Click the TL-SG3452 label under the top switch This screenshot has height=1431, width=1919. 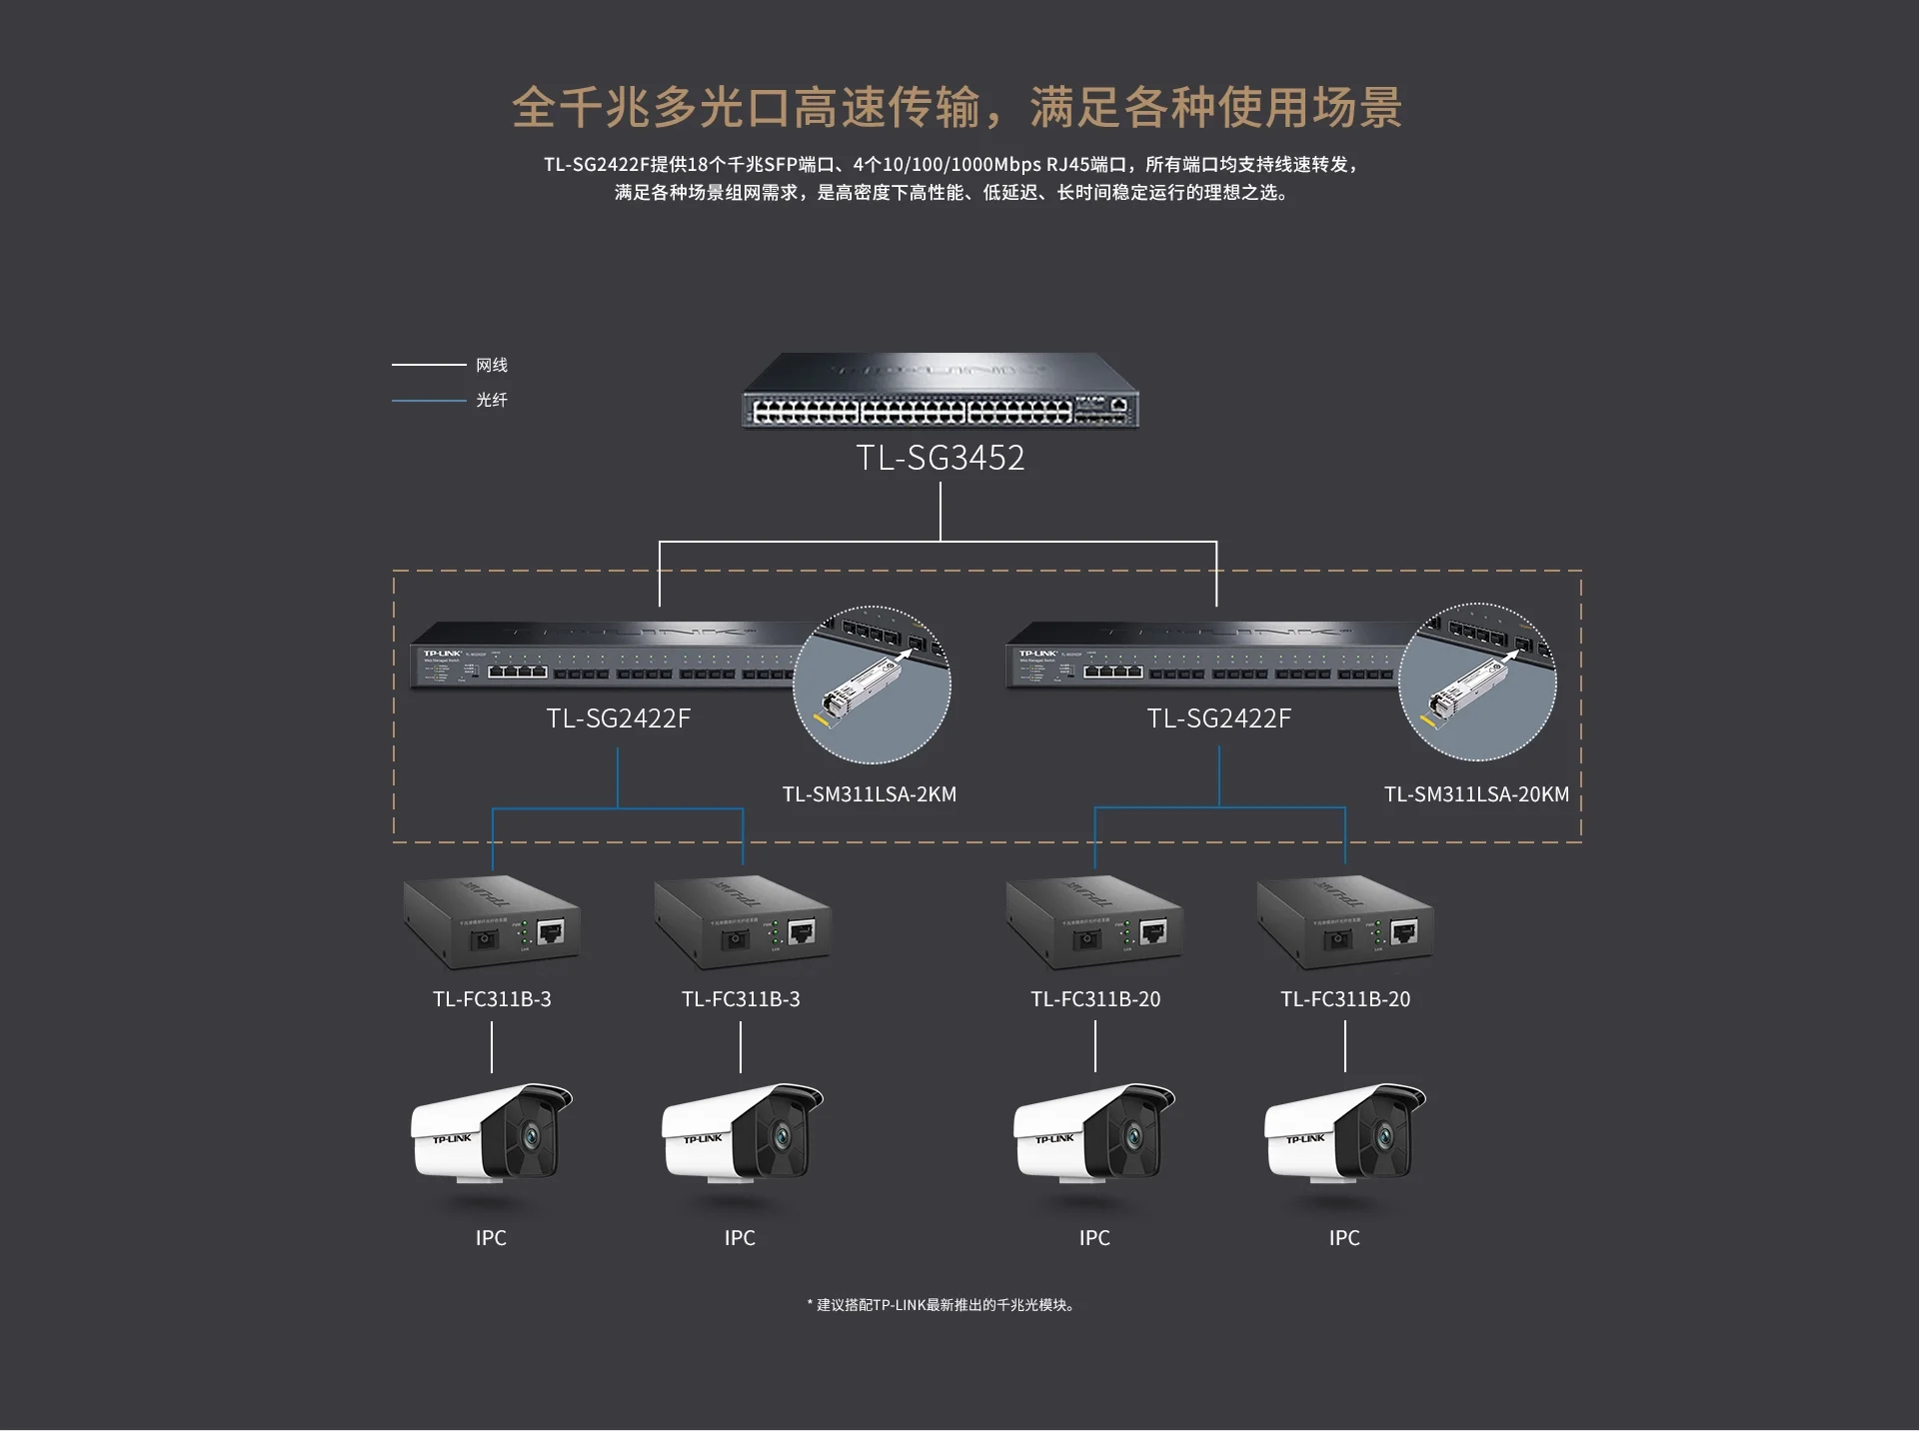(940, 458)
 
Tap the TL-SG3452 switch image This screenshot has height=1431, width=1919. (940, 391)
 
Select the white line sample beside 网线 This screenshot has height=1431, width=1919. (429, 365)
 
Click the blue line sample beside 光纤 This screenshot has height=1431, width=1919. (429, 400)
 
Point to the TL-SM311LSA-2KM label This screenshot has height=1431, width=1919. (869, 794)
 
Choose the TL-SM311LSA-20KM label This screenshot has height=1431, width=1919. (1475, 794)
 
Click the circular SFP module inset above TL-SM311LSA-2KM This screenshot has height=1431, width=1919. (872, 685)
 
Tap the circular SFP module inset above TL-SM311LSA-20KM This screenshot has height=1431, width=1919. (1477, 682)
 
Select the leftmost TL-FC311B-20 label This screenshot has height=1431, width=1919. (1095, 999)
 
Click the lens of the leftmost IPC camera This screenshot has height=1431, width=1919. (530, 1136)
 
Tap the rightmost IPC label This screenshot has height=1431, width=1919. (1344, 1238)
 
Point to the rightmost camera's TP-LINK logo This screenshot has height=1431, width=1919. (1305, 1139)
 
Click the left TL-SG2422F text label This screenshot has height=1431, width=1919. (618, 718)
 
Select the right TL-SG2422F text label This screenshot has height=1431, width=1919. (1218, 718)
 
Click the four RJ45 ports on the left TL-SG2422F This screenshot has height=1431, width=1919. (518, 672)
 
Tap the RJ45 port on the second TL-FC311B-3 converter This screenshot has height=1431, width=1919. (801, 931)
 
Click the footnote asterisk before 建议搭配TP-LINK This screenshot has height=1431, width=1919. (810, 1304)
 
